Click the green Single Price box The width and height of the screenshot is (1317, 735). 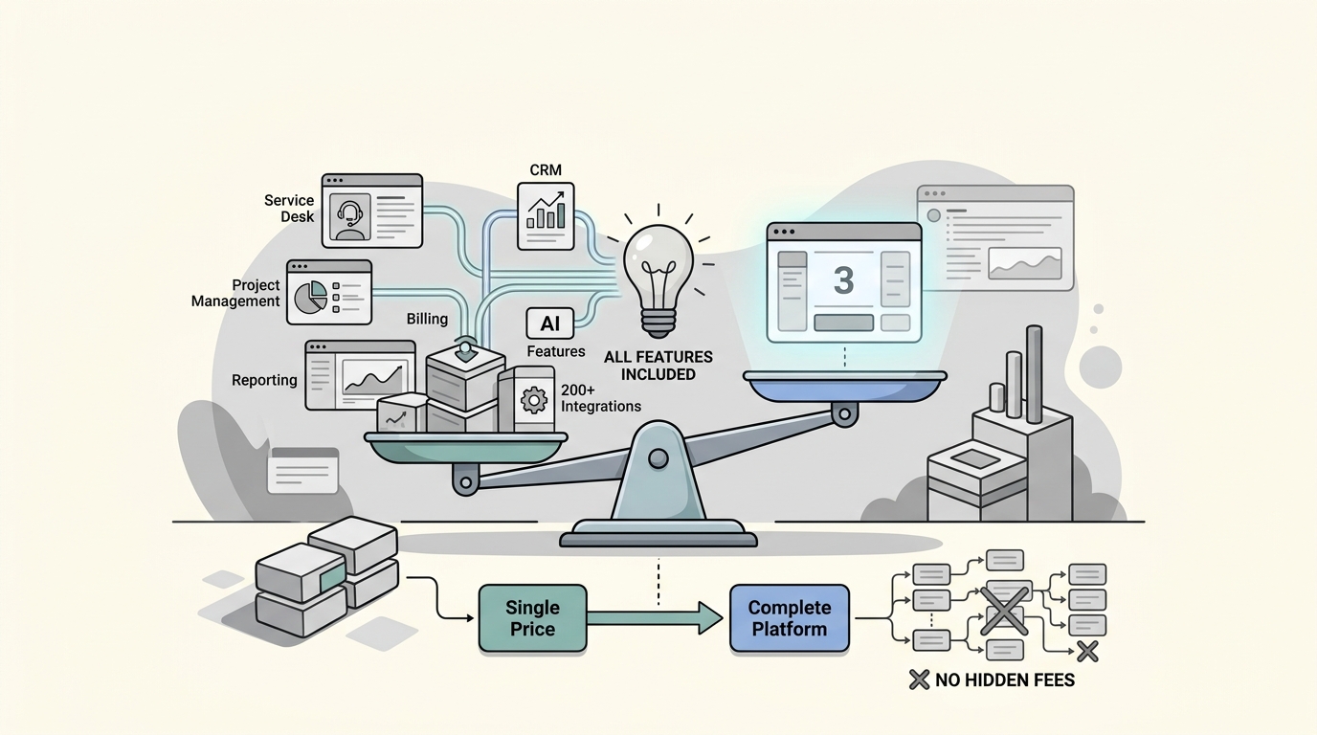point(532,618)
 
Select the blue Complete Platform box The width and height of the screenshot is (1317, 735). point(789,618)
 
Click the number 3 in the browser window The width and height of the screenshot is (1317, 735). point(843,280)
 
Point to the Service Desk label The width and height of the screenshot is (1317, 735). point(290,208)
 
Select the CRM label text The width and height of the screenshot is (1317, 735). point(546,170)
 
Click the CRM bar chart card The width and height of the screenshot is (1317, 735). point(546,216)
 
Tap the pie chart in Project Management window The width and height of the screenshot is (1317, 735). point(310,297)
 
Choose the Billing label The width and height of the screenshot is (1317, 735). point(427,319)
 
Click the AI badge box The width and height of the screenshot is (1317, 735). point(550,323)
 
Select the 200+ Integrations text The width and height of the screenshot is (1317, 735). point(600,398)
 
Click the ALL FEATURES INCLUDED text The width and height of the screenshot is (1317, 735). point(658,366)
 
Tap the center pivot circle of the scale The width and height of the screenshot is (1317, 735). point(658,459)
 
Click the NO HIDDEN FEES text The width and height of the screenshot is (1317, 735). point(1005,680)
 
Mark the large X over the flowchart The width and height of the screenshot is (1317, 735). point(1004,609)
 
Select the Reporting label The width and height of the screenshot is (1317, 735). point(264,380)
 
